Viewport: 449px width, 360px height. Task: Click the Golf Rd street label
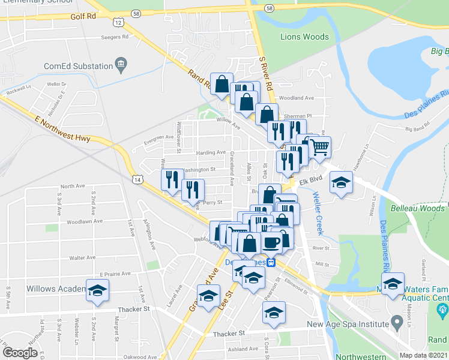click(82, 17)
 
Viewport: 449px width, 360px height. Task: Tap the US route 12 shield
click(119, 22)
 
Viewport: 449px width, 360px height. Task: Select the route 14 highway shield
click(138, 179)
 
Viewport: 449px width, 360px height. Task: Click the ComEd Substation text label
click(79, 66)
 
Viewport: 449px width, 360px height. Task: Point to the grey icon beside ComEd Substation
click(121, 64)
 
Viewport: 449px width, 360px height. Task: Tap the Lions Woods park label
click(304, 37)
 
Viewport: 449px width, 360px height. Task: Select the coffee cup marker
click(271, 241)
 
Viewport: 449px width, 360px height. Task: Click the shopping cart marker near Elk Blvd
click(319, 146)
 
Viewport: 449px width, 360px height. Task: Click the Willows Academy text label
click(55, 289)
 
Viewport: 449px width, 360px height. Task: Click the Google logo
click(20, 352)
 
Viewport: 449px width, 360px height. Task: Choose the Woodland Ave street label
click(297, 98)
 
